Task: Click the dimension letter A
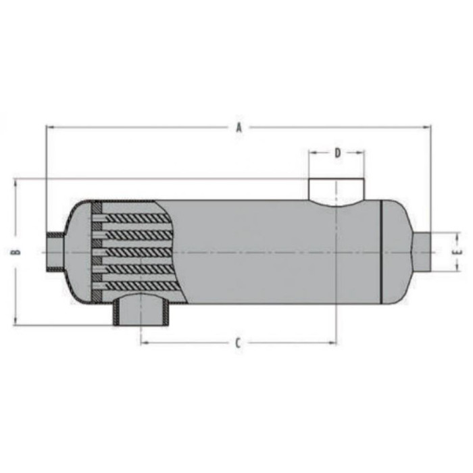coord(239,128)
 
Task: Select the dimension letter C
coord(239,343)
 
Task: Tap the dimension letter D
coord(338,153)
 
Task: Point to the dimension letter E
coord(458,252)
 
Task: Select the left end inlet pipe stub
coord(55,252)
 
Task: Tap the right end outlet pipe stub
coord(422,252)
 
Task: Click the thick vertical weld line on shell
coord(381,251)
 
